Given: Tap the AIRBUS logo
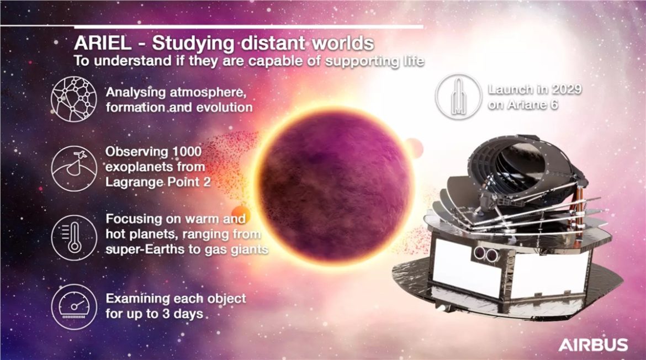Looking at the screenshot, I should (x=592, y=346).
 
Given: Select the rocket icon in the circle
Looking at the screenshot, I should (x=457, y=98).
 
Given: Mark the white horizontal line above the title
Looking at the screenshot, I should (x=248, y=27).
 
